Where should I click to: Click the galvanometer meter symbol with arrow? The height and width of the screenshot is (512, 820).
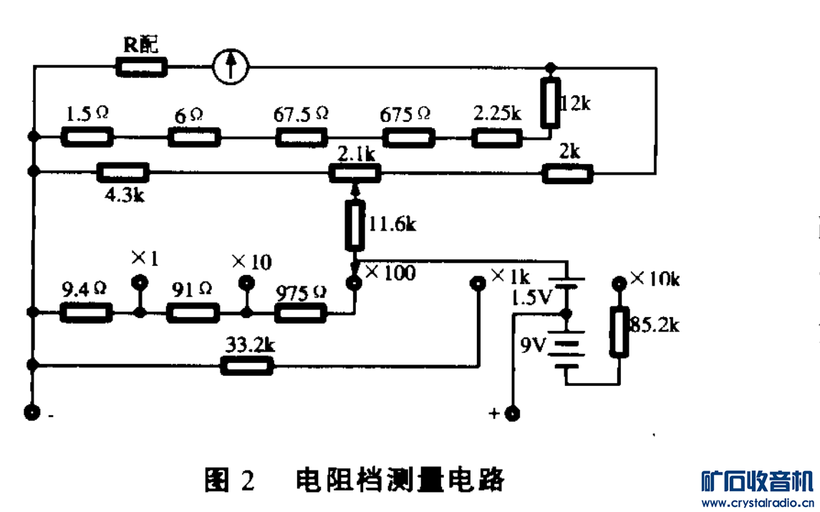coord(231,67)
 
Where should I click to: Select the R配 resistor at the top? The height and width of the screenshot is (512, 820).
coord(142,68)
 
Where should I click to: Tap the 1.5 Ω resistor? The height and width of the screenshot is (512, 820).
coord(87,136)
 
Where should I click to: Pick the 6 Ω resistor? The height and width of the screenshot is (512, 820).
coord(194,136)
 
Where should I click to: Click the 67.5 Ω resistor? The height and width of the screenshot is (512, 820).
coord(302,136)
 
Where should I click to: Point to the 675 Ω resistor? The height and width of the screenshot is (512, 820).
coord(408,136)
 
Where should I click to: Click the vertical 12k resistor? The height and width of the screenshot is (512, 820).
coord(550,104)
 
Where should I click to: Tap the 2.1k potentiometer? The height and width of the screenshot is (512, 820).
coord(354,172)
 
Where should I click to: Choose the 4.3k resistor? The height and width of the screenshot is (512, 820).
coord(123,172)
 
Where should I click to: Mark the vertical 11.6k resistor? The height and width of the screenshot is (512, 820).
coord(354,226)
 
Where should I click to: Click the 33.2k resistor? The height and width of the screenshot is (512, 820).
coord(247,366)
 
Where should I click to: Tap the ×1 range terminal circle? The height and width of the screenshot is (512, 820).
coord(140,281)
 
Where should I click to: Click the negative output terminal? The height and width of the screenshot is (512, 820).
coord(32,412)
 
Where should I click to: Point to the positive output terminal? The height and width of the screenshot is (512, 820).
coord(512,413)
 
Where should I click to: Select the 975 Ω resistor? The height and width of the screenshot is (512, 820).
coord(301,313)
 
